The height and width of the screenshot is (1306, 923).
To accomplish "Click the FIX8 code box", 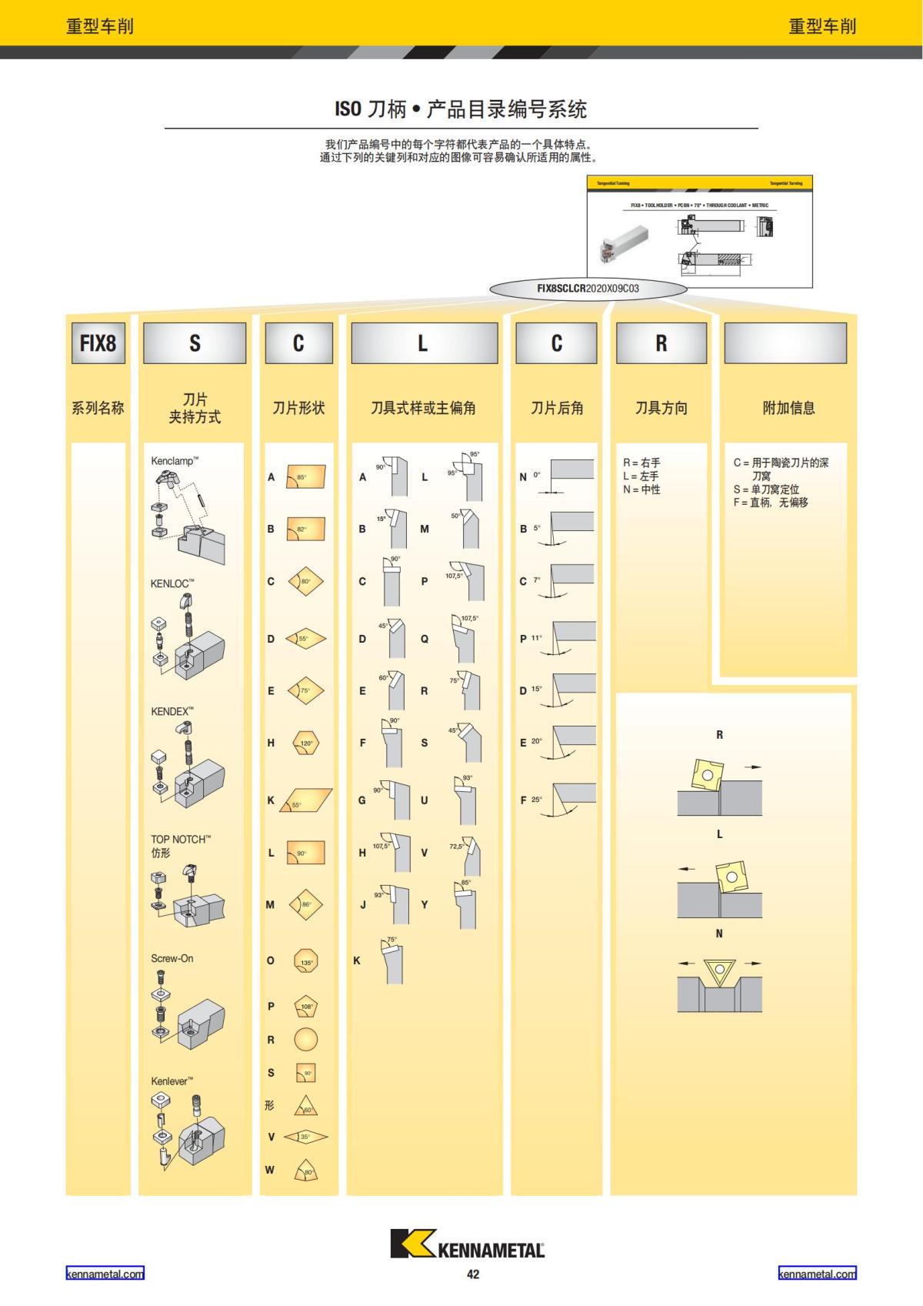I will pyautogui.click(x=98, y=342).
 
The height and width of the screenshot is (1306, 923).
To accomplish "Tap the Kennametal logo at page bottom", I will pyautogui.click(x=467, y=1244).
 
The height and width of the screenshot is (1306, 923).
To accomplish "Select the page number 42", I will pyautogui.click(x=473, y=1274).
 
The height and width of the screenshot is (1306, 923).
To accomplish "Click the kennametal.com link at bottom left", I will pyautogui.click(x=105, y=1274).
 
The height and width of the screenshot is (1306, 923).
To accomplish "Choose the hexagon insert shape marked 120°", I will pyautogui.click(x=306, y=743).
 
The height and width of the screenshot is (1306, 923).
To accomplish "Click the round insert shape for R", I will pyautogui.click(x=305, y=1040).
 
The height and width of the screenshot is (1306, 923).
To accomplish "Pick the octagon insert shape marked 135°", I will pyautogui.click(x=306, y=961).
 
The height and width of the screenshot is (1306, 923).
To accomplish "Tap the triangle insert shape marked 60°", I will pyautogui.click(x=306, y=1107).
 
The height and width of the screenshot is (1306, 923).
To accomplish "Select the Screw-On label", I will pyautogui.click(x=172, y=958).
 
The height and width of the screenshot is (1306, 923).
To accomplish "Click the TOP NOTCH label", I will pyautogui.click(x=180, y=840).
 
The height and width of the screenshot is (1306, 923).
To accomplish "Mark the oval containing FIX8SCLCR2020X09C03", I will pyautogui.click(x=588, y=289).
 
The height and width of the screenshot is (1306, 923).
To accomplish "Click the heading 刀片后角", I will pyautogui.click(x=557, y=408).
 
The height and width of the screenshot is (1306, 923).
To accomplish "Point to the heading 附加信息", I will pyautogui.click(x=788, y=408).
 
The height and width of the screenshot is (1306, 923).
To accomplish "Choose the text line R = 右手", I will pyautogui.click(x=641, y=463).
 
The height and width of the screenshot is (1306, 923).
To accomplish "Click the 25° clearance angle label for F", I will pyautogui.click(x=536, y=800).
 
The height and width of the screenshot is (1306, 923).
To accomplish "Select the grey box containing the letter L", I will pyautogui.click(x=424, y=342).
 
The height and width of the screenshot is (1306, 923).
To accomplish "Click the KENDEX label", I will pyautogui.click(x=172, y=711).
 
